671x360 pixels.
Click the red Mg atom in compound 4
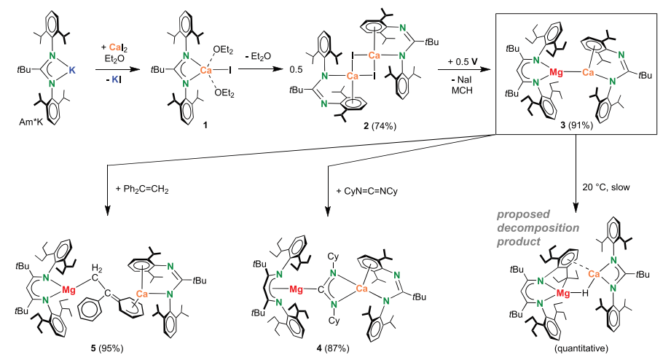pos(296,289)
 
